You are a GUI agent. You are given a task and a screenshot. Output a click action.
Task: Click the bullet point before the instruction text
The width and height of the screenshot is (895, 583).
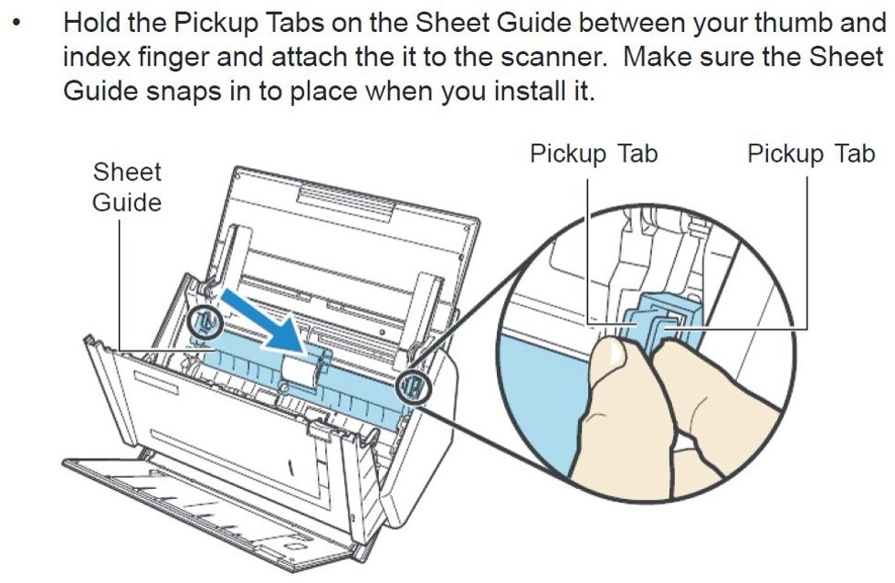[x=18, y=24]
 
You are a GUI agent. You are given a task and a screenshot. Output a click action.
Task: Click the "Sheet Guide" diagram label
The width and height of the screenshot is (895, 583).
[x=127, y=187]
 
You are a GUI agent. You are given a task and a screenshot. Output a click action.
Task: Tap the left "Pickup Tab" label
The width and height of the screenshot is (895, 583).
[x=594, y=154]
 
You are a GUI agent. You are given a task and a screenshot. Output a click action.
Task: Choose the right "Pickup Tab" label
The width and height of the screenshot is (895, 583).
[x=811, y=154]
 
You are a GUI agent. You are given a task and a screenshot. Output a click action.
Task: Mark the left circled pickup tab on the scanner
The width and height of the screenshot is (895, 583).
[x=205, y=323]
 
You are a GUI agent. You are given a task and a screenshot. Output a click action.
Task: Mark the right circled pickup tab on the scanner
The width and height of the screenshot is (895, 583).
[x=413, y=387]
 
